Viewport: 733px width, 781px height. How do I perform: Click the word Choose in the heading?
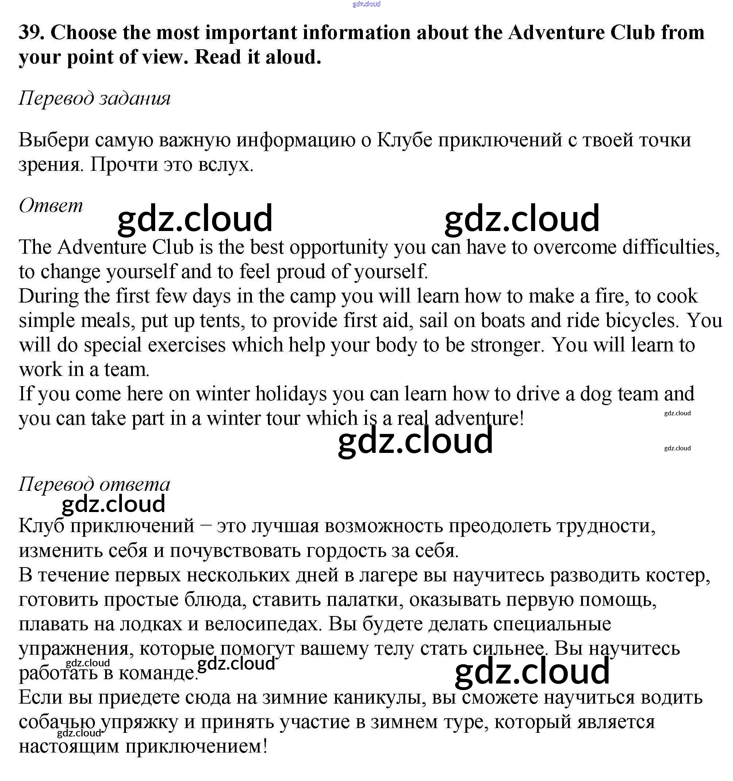(83, 32)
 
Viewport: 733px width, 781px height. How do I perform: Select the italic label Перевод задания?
(94, 98)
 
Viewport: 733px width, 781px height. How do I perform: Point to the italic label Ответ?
(51, 205)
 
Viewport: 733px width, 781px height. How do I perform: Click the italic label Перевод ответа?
(94, 484)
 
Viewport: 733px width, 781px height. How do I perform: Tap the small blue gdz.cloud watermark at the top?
(366, 4)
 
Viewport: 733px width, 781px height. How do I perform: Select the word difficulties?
(671, 247)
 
